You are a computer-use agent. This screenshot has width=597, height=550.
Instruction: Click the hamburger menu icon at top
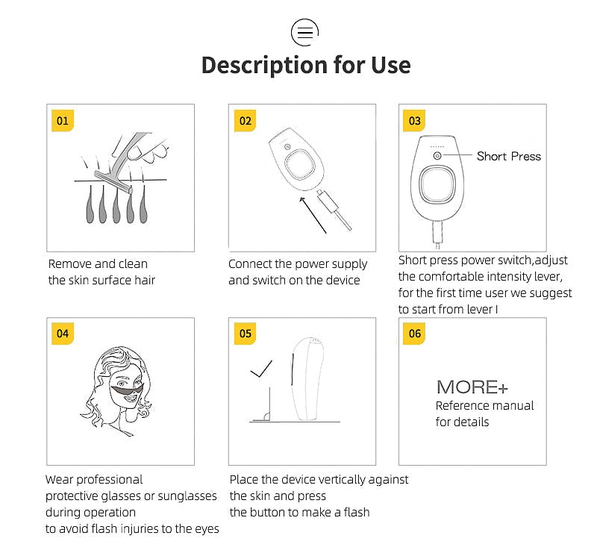tap(304, 32)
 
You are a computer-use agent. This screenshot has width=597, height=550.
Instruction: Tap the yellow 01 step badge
tap(63, 121)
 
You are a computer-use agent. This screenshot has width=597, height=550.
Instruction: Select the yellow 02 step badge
tap(245, 121)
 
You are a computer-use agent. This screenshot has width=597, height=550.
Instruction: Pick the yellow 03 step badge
tap(414, 121)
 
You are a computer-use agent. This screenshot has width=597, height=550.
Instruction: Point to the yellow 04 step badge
tap(63, 334)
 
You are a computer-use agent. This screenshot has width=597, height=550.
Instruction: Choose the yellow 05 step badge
tap(245, 334)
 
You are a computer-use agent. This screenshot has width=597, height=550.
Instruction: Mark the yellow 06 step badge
tap(414, 334)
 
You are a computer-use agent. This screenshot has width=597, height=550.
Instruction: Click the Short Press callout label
tap(509, 156)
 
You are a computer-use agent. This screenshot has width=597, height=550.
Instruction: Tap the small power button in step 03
tap(437, 156)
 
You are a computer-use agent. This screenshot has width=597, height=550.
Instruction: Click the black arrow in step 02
tap(313, 215)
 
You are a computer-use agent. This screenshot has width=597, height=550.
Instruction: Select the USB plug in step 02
tap(328, 201)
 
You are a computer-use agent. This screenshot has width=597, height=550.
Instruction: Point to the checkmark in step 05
tap(261, 369)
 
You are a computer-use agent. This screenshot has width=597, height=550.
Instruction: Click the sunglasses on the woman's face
tap(127, 390)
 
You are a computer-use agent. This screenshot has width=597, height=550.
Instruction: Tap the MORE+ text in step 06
tap(472, 387)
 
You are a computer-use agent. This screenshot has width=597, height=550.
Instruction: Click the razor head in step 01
tap(113, 182)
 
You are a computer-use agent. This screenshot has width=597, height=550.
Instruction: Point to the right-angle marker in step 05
tap(266, 417)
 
